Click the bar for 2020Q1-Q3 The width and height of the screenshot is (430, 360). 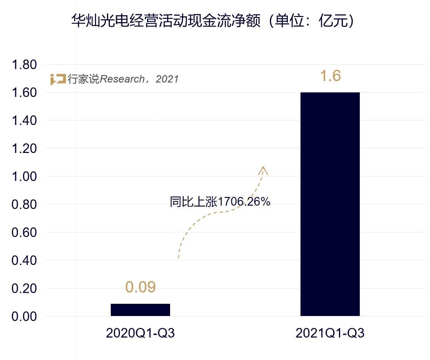point(140,309)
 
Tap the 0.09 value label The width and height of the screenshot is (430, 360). point(140,287)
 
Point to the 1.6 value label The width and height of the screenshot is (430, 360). point(330,76)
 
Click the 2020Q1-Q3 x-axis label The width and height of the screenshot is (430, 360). point(140,333)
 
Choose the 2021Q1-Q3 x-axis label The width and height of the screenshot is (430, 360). point(330,333)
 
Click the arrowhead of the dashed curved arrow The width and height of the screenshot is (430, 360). point(263,170)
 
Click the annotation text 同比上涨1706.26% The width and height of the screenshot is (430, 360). point(220,202)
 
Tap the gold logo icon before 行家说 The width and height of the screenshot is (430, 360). point(58,79)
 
